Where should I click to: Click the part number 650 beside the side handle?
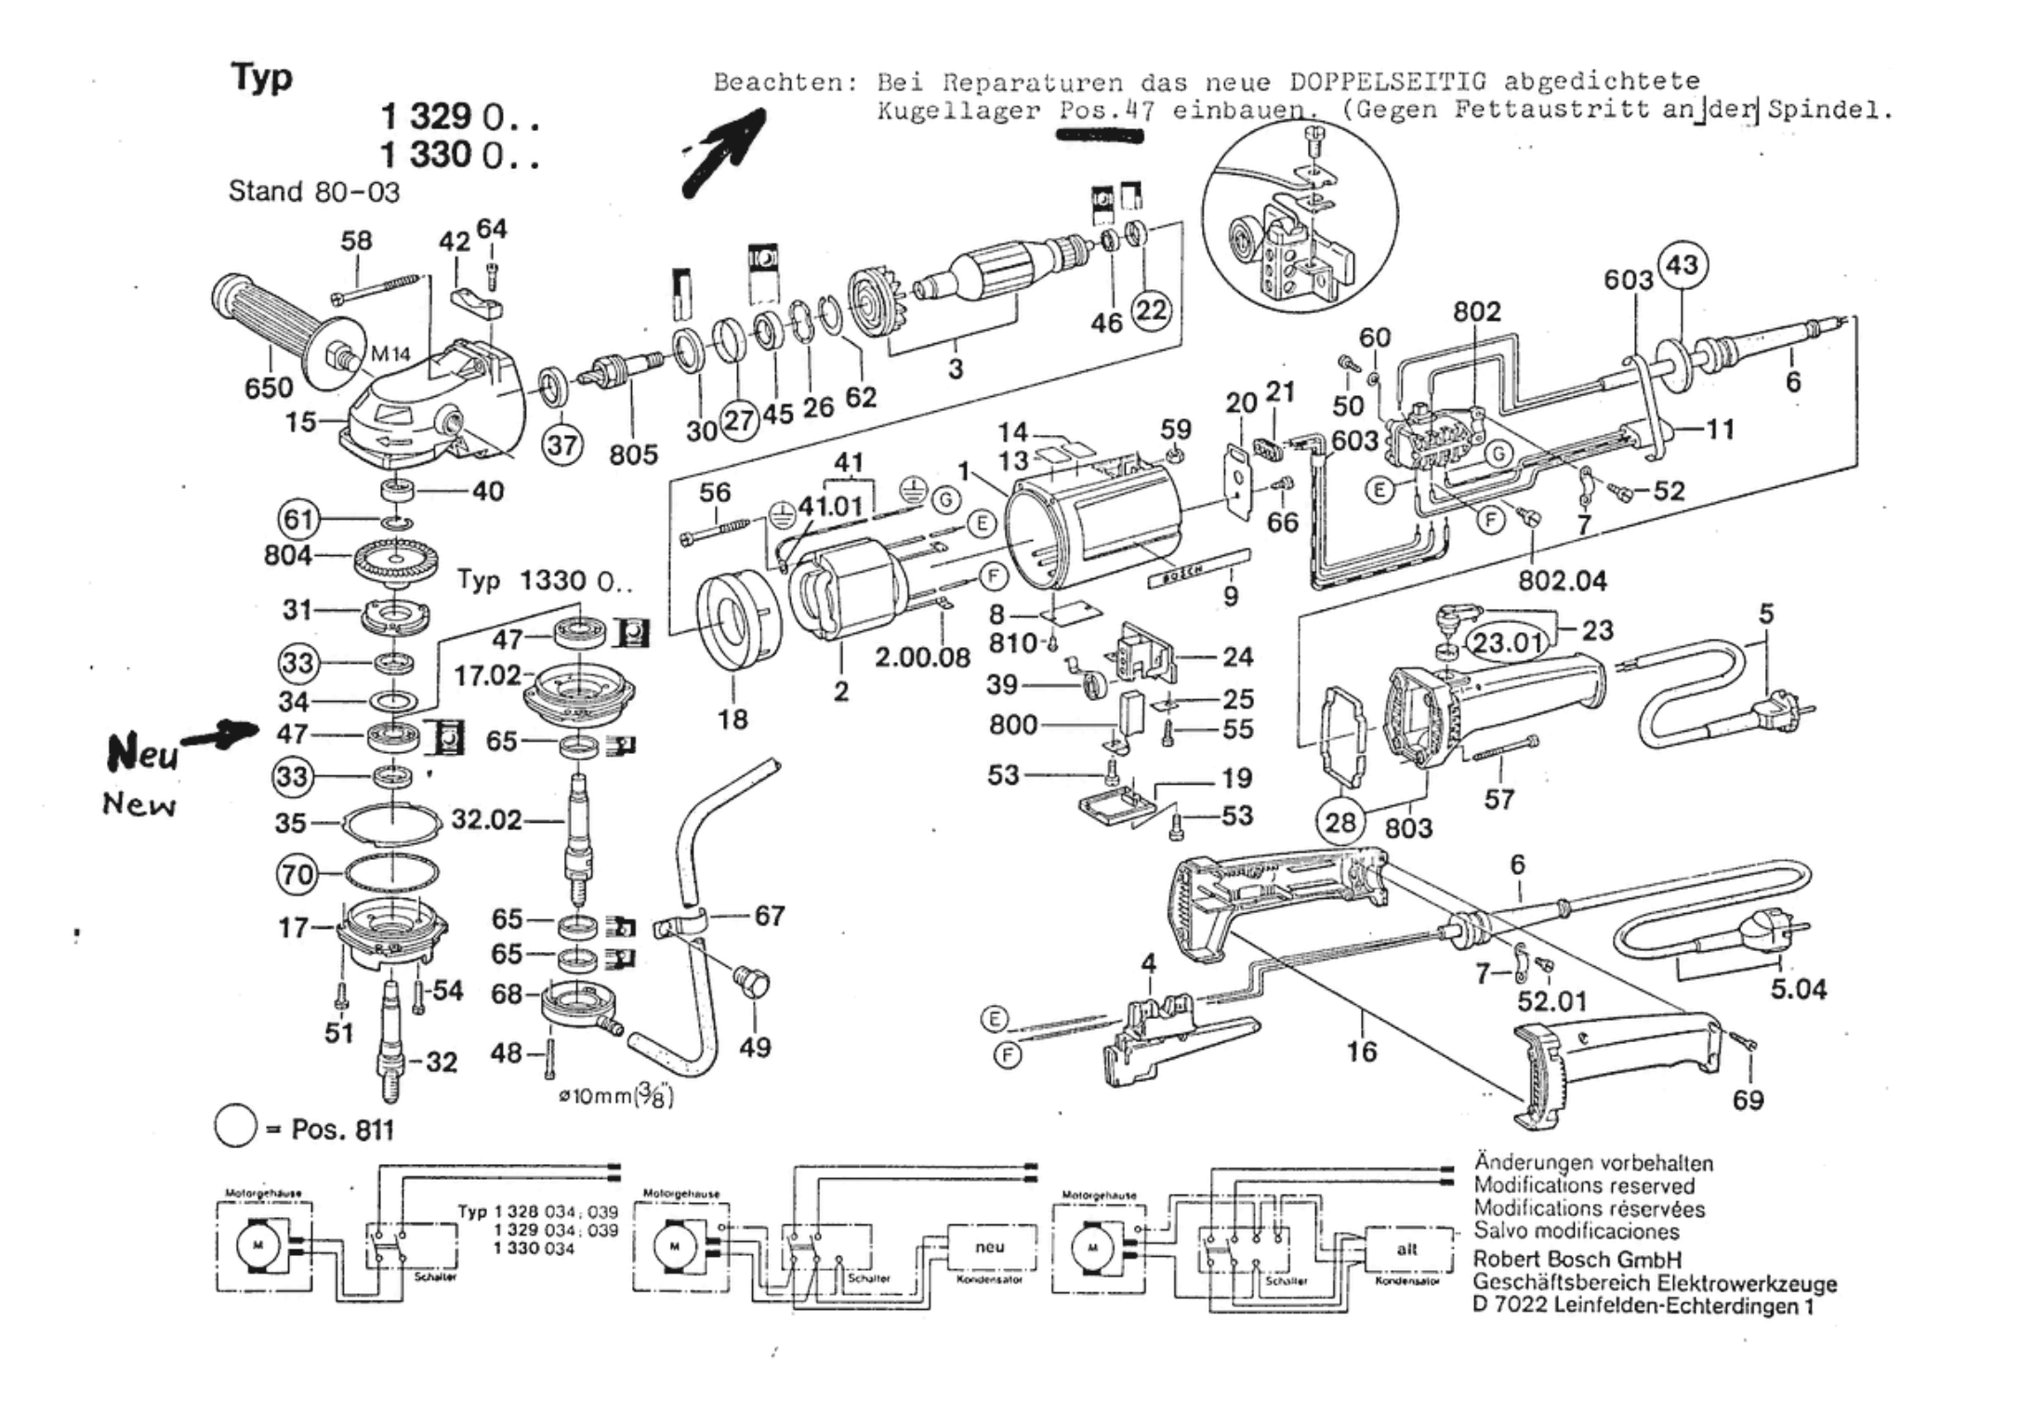(269, 387)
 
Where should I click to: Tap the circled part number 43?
(1682, 266)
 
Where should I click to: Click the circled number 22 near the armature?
(1151, 310)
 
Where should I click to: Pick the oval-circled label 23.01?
(1507, 641)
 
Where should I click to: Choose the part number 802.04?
(1562, 581)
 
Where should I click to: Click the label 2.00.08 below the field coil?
(922, 657)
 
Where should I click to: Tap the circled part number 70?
(297, 875)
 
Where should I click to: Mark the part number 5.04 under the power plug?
(1798, 988)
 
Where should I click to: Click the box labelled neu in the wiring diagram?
(989, 1248)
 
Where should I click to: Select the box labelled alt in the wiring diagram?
(1406, 1249)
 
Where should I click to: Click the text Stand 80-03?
(313, 192)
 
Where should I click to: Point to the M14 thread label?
(390, 354)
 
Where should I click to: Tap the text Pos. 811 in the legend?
(342, 1130)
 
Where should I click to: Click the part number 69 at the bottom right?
(1748, 1100)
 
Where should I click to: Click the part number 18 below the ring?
(732, 719)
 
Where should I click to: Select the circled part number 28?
(1340, 822)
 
